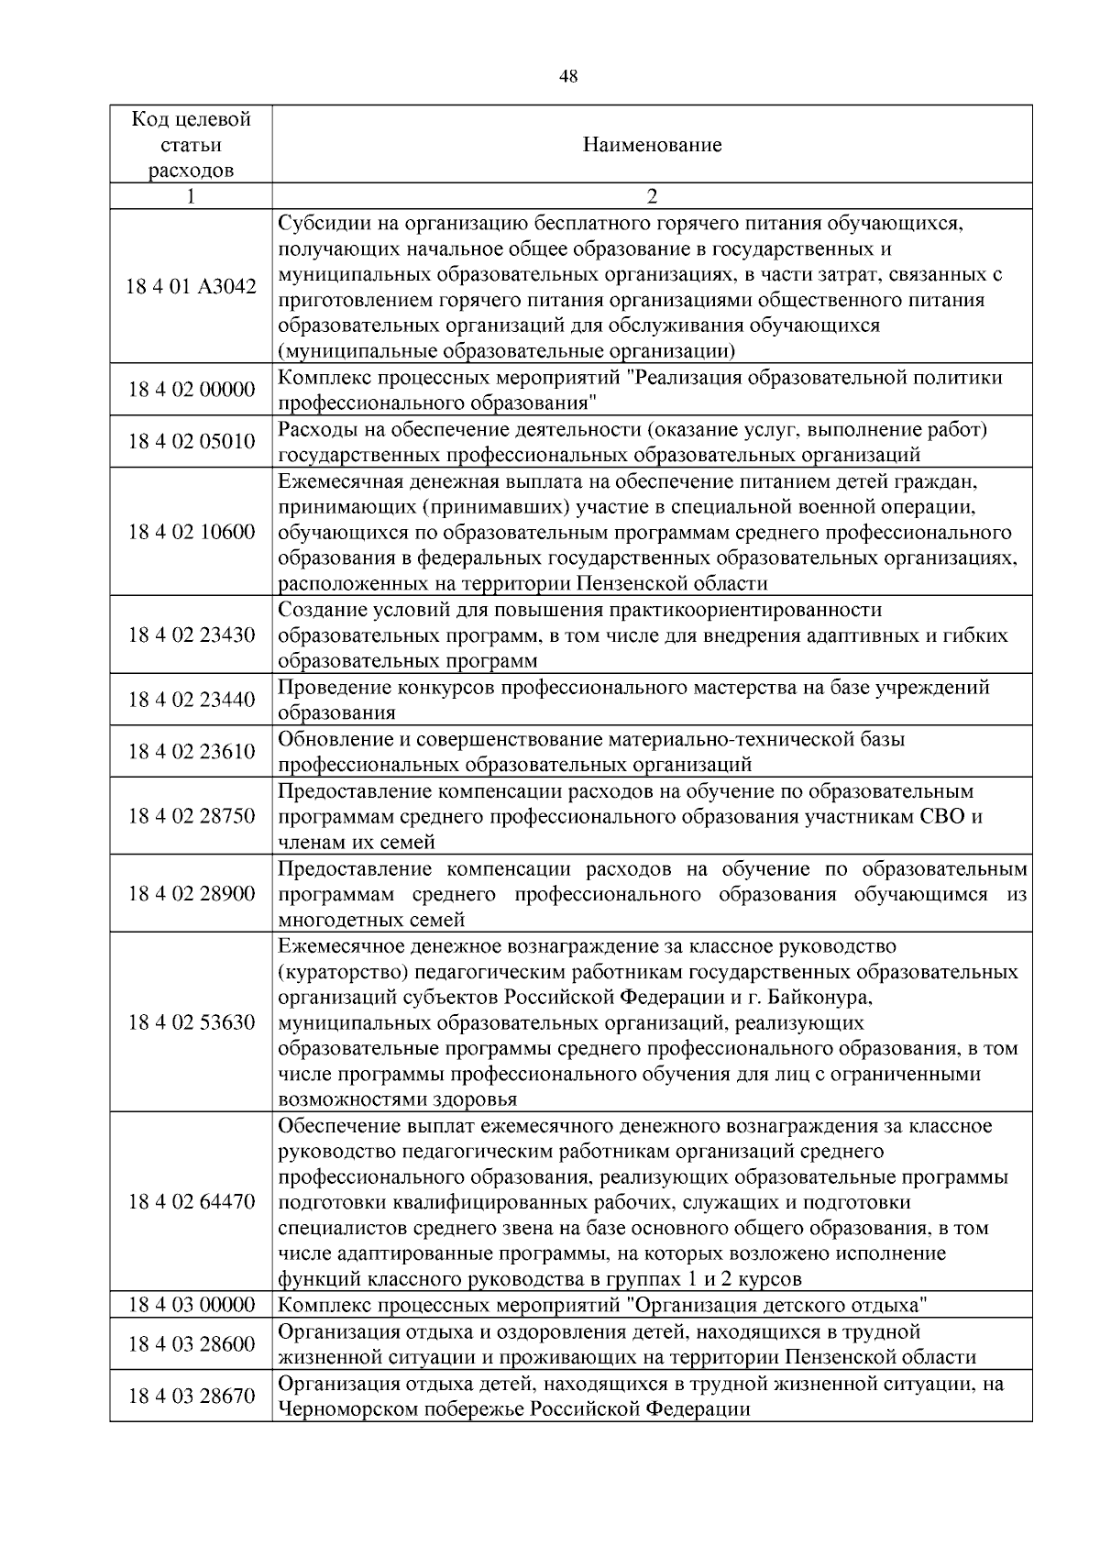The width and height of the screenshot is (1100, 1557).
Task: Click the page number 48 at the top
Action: pos(568,77)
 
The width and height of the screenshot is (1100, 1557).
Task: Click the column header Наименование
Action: pos(652,145)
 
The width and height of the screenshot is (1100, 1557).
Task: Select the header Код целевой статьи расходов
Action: pos(191,145)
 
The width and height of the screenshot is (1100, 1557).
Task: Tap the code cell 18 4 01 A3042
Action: pos(191,287)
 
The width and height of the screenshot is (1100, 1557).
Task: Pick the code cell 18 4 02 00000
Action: pos(191,390)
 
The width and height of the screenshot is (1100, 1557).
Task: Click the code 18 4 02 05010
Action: pos(191,442)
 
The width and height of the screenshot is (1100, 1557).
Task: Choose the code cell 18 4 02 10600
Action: pos(191,532)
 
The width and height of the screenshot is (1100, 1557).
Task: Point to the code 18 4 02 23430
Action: pos(191,635)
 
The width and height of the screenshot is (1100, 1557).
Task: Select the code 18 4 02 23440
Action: pos(191,700)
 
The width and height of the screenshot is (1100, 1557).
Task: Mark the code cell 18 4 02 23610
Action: pos(191,752)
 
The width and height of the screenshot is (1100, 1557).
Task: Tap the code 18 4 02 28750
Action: pos(191,816)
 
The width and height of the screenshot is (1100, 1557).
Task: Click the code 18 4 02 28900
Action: pos(191,893)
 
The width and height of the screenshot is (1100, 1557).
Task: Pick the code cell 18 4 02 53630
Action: pos(191,1021)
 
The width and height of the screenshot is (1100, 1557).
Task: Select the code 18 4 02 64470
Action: pos(191,1201)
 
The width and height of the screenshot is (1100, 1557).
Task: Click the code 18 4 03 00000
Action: pos(191,1305)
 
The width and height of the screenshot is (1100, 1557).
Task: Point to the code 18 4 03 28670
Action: pos(191,1396)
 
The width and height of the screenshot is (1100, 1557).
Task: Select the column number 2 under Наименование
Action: pos(652,196)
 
